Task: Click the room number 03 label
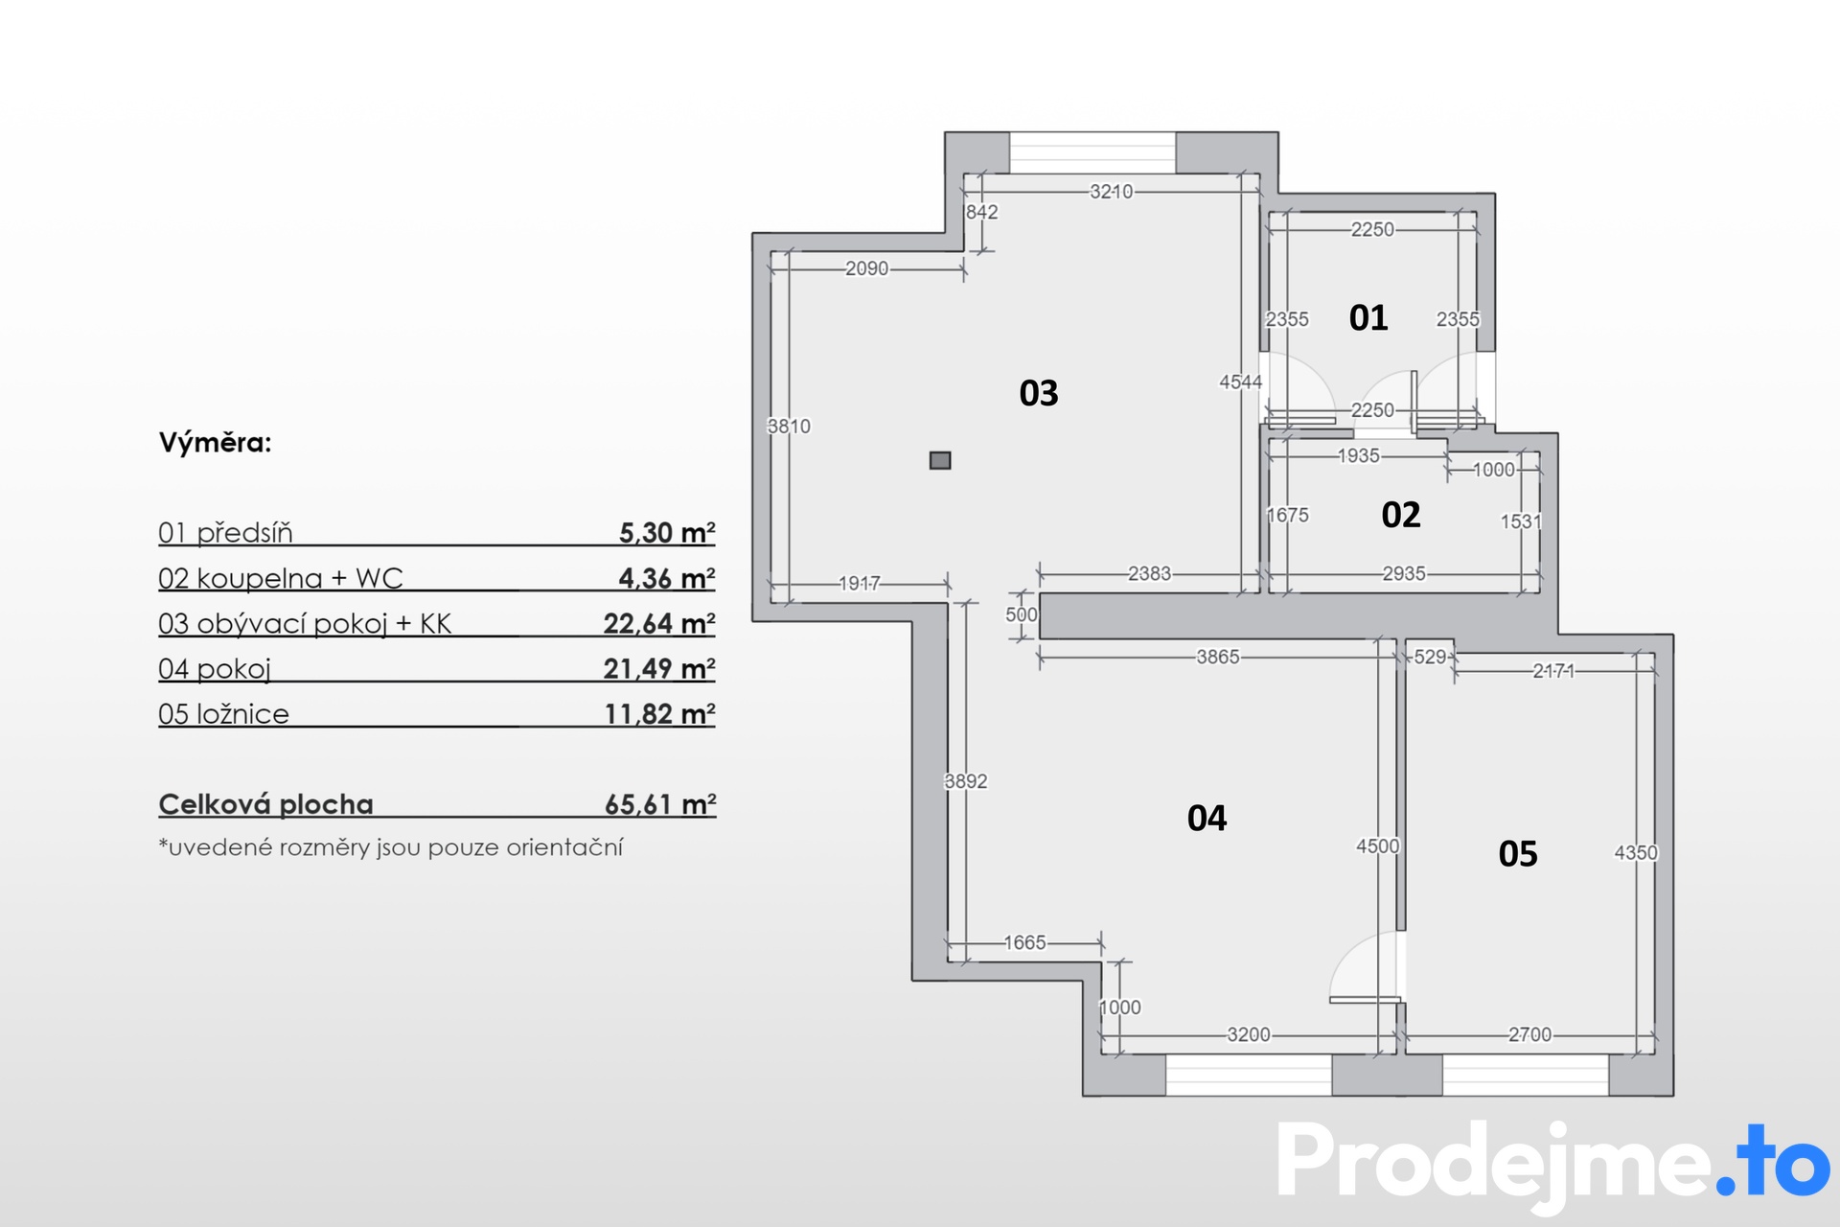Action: [1039, 393]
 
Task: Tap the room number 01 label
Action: [1368, 318]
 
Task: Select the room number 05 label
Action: [1518, 854]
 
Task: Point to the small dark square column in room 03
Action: [940, 460]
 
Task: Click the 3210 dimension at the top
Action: [1112, 192]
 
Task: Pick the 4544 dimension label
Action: [1241, 382]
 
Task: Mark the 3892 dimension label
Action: [966, 781]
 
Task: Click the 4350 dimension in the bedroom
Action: [1636, 852]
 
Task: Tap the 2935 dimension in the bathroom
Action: [1404, 573]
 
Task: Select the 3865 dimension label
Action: [1218, 657]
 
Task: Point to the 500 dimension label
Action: [1022, 614]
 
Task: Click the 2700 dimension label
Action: [1529, 1034]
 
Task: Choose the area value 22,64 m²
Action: [659, 623]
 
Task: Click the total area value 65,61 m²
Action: [660, 803]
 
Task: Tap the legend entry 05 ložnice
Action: [223, 714]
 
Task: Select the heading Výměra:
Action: [216, 443]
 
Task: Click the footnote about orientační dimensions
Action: [391, 847]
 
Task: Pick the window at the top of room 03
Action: [1092, 152]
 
